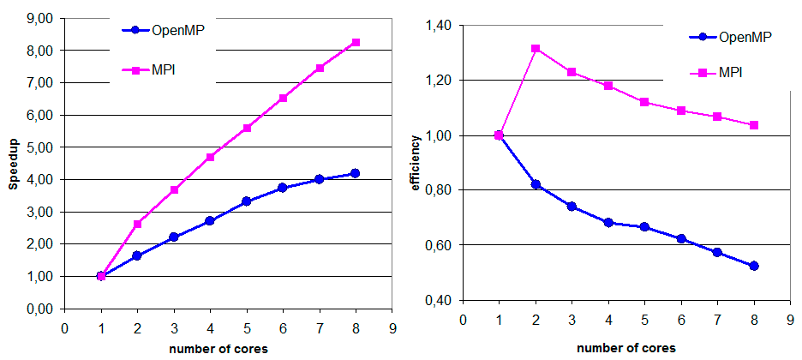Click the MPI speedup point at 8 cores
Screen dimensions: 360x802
(x=356, y=42)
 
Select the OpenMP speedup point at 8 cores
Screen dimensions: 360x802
(x=356, y=173)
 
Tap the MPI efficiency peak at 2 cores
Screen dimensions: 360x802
(x=536, y=49)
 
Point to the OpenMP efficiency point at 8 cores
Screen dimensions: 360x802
(x=754, y=266)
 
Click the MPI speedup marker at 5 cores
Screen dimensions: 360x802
(x=247, y=128)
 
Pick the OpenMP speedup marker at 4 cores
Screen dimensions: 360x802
(x=210, y=221)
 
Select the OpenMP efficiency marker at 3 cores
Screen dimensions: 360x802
(x=572, y=207)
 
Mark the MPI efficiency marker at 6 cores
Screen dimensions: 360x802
(x=681, y=111)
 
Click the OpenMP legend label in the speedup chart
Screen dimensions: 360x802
(x=178, y=30)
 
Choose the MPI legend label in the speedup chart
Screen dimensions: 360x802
(x=163, y=64)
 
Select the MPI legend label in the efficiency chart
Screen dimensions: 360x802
(x=731, y=72)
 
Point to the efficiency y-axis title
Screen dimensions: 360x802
(x=417, y=163)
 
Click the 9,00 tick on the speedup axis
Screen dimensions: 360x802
(x=39, y=18)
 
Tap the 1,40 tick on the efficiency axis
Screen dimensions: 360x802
(x=437, y=26)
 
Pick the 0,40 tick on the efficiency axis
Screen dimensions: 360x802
(x=437, y=300)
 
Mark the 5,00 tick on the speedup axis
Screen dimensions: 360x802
(x=39, y=147)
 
